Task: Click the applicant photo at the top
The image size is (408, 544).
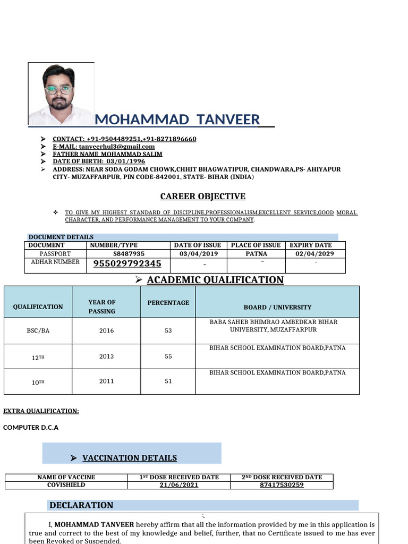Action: pos(61,94)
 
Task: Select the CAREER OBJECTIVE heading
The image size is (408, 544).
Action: pos(203,197)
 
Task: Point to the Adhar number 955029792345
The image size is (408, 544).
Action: pos(127,263)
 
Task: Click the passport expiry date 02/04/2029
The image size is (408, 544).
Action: pos(315,254)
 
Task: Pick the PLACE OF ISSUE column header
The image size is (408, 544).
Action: pos(256,245)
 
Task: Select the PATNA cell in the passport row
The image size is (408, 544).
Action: pos(256,254)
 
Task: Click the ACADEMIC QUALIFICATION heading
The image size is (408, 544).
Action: pos(215,280)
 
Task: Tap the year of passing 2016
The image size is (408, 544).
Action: pos(106,330)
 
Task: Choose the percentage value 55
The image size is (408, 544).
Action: pos(168,356)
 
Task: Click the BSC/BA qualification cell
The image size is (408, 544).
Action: pos(38,330)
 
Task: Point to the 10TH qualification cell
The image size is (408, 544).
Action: pos(38,382)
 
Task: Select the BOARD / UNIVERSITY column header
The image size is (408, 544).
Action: pos(277,307)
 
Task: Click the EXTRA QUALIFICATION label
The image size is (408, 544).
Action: pos(41,411)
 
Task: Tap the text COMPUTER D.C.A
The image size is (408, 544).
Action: pos(31,427)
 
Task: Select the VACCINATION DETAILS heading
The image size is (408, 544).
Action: pos(130,458)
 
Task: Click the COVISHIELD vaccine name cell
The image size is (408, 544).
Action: pos(66,485)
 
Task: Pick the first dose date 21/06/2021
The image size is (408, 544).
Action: pos(179,485)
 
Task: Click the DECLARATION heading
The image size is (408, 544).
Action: pos(81,505)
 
